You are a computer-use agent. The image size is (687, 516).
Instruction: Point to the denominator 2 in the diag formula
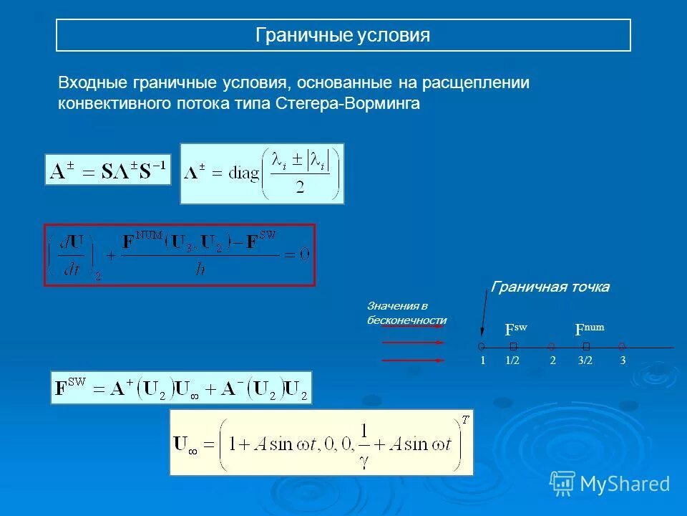coord(300,188)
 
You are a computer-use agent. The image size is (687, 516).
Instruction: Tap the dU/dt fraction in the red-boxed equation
coord(71,255)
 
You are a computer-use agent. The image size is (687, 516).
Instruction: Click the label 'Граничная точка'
coord(550,287)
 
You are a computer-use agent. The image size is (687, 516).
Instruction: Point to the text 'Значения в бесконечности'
coord(406,312)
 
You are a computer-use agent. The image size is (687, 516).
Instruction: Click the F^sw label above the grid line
coord(515,330)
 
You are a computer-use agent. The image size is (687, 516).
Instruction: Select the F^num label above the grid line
coord(589,330)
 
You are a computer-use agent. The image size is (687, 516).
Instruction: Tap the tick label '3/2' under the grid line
coord(585,361)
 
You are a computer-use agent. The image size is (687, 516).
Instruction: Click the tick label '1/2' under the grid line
coord(512,361)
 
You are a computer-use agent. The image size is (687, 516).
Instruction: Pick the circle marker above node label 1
coord(482,346)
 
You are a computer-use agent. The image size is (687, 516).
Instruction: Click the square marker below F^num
coord(586,346)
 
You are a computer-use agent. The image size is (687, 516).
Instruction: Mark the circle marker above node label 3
coord(622,346)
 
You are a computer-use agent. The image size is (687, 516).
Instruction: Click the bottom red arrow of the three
coord(413,360)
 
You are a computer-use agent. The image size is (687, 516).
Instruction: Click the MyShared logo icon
coord(562,483)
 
